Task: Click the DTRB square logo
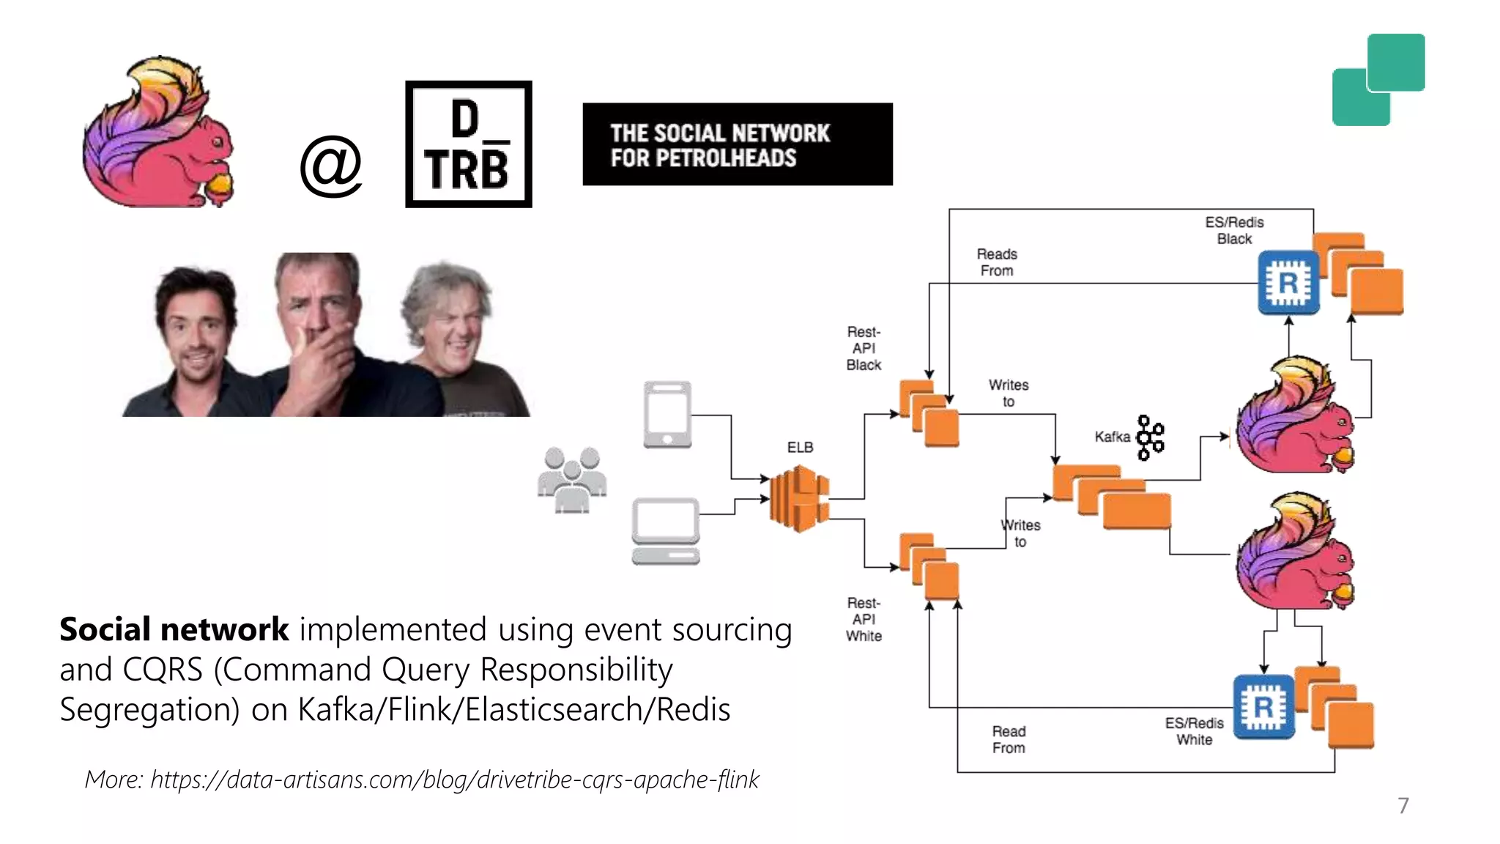(x=469, y=144)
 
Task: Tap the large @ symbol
(x=331, y=166)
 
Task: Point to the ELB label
(x=800, y=447)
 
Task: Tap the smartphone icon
(x=667, y=414)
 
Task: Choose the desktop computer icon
(x=666, y=530)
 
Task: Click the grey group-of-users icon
(x=572, y=480)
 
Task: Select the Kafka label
(x=1112, y=437)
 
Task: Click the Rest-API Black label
(x=864, y=348)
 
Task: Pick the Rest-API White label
(x=864, y=619)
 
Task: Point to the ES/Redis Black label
(x=1234, y=230)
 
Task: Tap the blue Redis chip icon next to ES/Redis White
(x=1263, y=707)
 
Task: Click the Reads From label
(x=997, y=262)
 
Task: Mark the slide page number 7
(x=1403, y=805)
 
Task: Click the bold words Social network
(x=174, y=629)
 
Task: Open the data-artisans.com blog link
(x=454, y=780)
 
